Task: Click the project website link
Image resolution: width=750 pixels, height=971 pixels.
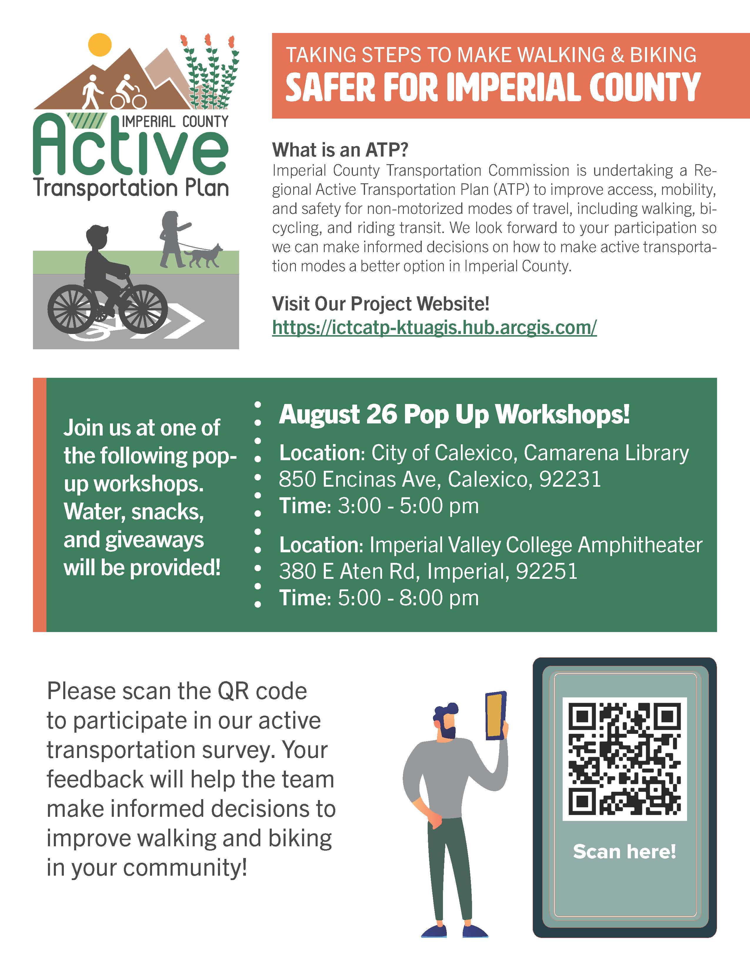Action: click(x=434, y=328)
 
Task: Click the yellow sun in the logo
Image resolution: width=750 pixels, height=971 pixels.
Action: click(x=99, y=44)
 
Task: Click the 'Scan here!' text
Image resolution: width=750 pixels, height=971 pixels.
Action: click(x=624, y=852)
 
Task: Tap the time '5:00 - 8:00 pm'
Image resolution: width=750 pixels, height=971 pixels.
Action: click(x=408, y=598)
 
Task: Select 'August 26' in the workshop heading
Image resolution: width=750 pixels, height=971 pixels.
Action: click(x=338, y=414)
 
